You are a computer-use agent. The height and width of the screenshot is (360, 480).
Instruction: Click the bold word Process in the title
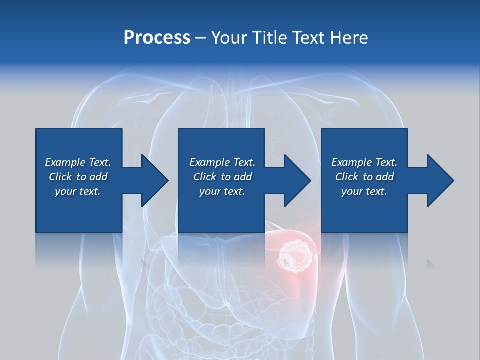pos(157,37)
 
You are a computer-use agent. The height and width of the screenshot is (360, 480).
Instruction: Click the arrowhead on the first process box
pos(152,181)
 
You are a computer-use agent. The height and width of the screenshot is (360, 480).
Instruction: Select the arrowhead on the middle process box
pos(296,181)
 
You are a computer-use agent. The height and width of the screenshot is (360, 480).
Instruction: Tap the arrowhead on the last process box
pos(439,181)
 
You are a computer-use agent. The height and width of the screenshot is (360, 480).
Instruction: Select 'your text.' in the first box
pos(78,191)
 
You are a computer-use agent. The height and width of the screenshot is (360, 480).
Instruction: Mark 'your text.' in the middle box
pos(222,191)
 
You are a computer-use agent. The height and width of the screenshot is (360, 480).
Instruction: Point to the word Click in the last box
pos(347,177)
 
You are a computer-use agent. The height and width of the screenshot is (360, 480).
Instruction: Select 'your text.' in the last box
pos(364,191)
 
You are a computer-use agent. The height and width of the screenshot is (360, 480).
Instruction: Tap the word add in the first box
pos(98,177)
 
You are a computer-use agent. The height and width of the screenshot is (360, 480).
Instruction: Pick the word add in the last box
pos(385,177)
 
